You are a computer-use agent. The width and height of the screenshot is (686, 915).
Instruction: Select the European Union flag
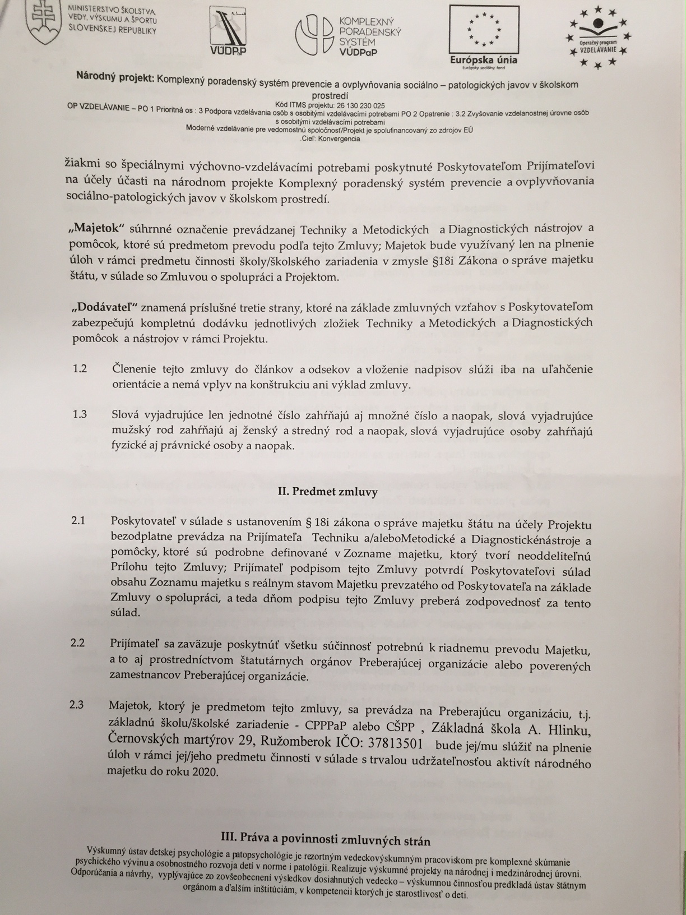(x=484, y=28)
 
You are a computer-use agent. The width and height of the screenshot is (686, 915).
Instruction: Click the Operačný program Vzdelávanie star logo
(x=599, y=36)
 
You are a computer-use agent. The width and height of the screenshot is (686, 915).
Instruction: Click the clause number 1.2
(x=80, y=369)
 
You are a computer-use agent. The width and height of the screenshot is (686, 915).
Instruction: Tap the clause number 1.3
(x=80, y=415)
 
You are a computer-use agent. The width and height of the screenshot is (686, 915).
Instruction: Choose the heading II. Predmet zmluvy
(x=328, y=492)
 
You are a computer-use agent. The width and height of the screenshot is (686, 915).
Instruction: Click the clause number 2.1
(x=78, y=521)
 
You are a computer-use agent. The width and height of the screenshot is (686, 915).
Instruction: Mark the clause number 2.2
(x=78, y=643)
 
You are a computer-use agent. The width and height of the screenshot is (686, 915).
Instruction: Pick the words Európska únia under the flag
(x=484, y=60)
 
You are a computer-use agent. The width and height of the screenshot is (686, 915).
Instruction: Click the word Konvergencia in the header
(x=339, y=138)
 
